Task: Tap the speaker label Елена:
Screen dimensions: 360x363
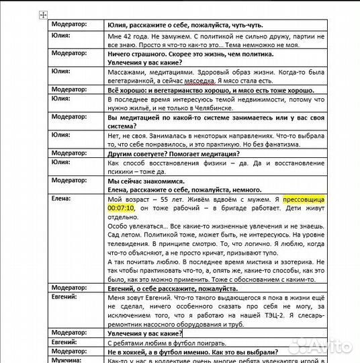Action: point(62,199)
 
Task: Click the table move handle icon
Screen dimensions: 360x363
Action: point(43,14)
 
